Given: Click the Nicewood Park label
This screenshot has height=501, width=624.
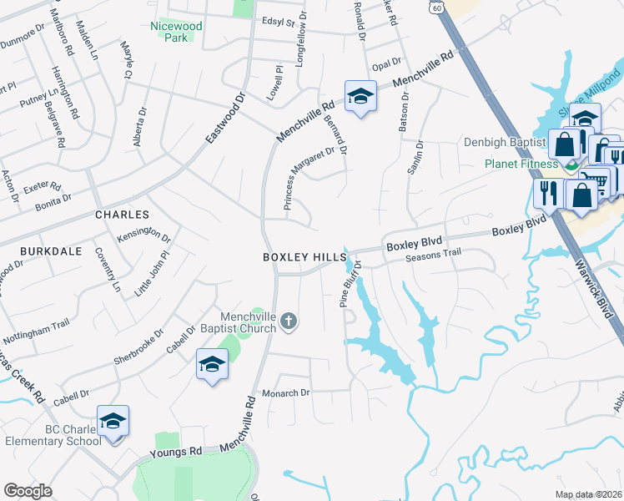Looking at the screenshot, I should point(177,32).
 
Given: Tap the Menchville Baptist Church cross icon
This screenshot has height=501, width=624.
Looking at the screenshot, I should point(289,321).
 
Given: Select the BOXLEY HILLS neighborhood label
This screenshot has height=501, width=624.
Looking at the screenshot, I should point(299,258).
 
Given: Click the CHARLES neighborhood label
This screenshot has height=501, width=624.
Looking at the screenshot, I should point(122,215).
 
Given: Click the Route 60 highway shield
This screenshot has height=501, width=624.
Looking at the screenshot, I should point(438,7).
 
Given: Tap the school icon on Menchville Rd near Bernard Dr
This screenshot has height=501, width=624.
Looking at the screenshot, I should point(360,96).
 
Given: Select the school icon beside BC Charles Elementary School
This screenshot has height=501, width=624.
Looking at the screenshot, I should point(113,422).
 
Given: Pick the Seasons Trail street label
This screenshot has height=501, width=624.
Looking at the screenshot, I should point(433,256).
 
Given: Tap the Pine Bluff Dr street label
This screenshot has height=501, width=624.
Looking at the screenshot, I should point(350,285).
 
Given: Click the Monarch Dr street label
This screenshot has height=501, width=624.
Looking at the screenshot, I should point(286,392).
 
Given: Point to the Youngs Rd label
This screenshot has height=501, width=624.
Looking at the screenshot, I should point(177,454).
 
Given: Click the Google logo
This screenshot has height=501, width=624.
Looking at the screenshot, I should point(28,491).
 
